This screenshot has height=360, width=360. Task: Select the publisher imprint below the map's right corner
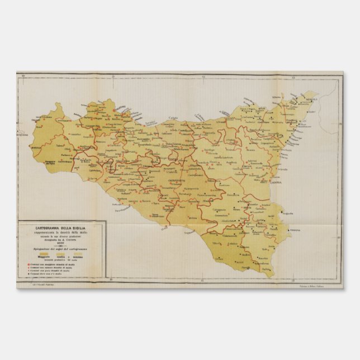click(316, 285)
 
